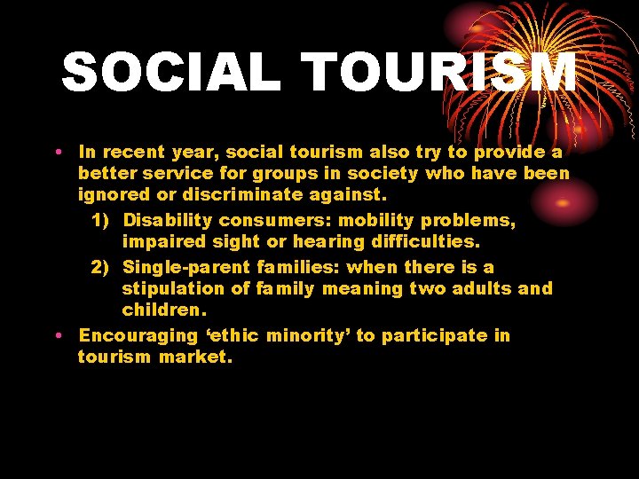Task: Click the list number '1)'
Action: [x=102, y=219]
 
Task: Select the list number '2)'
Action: [x=102, y=267]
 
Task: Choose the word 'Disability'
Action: [x=168, y=219]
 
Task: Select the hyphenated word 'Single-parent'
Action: [x=187, y=267]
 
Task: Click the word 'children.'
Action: [x=164, y=310]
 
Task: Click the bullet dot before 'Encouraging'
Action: [x=58, y=336]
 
